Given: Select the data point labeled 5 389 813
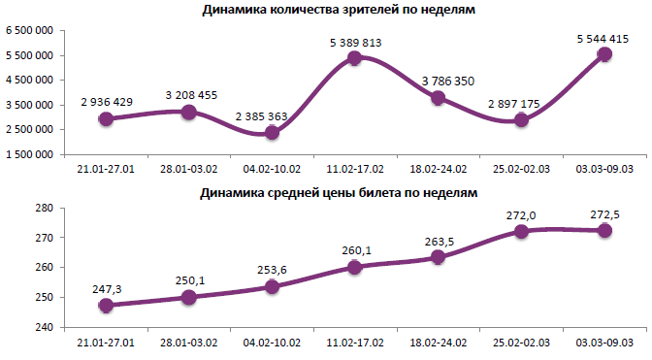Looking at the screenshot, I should click(x=355, y=58).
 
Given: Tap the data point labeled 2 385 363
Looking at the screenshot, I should click(x=272, y=132).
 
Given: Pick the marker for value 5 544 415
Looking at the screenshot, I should click(x=604, y=54).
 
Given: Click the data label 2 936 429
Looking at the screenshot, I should click(x=106, y=102).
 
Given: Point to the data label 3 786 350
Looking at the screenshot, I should click(x=439, y=81).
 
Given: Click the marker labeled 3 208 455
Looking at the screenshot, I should click(x=189, y=113).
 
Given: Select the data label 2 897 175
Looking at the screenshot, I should click(x=521, y=102).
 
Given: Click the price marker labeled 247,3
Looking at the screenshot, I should click(x=106, y=305).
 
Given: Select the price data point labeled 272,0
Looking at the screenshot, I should click(x=521, y=231).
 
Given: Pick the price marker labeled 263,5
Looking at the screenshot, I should click(x=439, y=257).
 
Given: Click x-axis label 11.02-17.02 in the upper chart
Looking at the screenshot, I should click(x=355, y=167).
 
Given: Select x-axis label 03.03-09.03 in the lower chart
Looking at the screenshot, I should click(x=604, y=343).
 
